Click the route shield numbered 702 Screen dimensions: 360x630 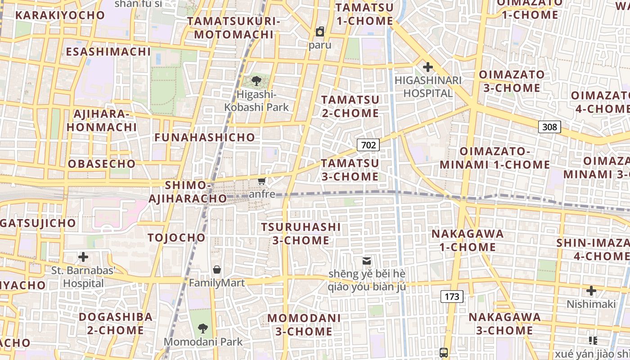[x=368, y=145]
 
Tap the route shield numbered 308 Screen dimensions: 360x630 [x=549, y=127]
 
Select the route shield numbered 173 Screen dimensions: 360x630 [x=452, y=297]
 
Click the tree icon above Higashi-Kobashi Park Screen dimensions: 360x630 [x=256, y=81]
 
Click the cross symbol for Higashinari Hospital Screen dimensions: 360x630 [x=427, y=67]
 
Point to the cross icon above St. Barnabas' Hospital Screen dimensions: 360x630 [x=83, y=257]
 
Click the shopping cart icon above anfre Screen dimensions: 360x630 [x=261, y=181]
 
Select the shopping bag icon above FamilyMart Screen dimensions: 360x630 [x=217, y=270]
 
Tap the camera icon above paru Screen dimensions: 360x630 [x=320, y=31]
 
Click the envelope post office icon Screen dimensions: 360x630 [x=367, y=261]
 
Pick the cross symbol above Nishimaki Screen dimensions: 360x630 [x=591, y=291]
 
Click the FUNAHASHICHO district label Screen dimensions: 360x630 [x=205, y=138]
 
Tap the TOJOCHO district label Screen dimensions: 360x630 [x=176, y=238]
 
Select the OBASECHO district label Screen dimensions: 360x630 [x=102, y=164]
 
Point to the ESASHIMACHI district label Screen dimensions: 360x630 [x=108, y=52]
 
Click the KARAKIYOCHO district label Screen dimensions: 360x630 [x=60, y=15]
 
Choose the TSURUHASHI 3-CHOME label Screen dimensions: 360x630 [x=301, y=234]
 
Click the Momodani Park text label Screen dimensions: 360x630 [x=203, y=342]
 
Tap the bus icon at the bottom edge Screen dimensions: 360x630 [x=444, y=352]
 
